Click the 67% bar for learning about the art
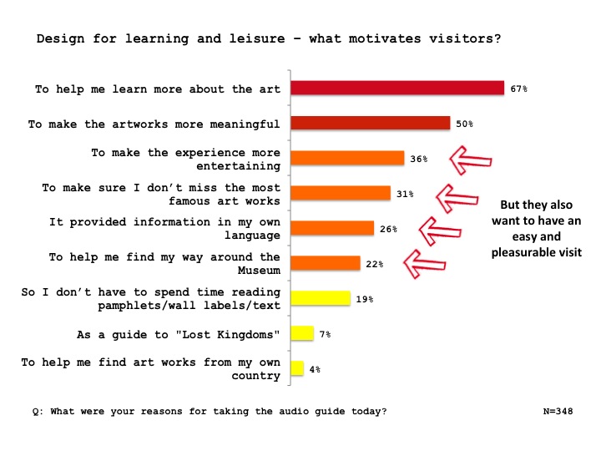(x=397, y=88)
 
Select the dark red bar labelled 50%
(x=371, y=123)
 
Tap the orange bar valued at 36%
(x=347, y=158)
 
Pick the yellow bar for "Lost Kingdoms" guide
(x=302, y=333)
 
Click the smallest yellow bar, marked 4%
(x=297, y=368)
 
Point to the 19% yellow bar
(x=321, y=298)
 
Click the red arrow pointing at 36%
(x=470, y=160)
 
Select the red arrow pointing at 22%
(x=424, y=264)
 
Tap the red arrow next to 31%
(x=457, y=198)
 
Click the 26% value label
(x=388, y=229)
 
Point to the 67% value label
(x=518, y=89)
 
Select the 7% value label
(x=325, y=334)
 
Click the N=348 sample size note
(x=558, y=411)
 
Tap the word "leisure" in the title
(x=257, y=38)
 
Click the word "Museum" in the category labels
(x=259, y=270)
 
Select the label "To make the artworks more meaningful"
(x=154, y=124)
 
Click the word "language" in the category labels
(x=252, y=236)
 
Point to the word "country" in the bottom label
(x=255, y=376)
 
